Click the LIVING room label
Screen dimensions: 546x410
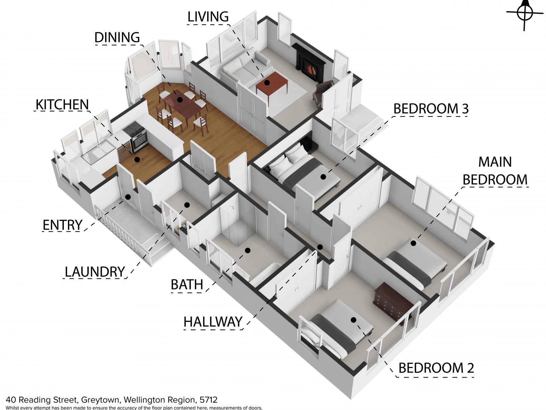[x=208, y=17]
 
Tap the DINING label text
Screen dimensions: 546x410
[x=117, y=38]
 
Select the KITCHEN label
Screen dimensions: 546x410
[x=62, y=104]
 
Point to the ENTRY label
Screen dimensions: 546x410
[x=62, y=225]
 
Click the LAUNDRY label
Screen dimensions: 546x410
[x=95, y=272]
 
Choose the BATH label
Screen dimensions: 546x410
[x=187, y=285]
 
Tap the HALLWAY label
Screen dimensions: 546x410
[x=213, y=322]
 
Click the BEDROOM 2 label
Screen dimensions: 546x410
[x=436, y=368]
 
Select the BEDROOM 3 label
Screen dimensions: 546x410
[x=431, y=109]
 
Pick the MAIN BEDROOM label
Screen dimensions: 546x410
[x=495, y=171]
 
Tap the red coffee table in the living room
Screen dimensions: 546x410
[x=272, y=85]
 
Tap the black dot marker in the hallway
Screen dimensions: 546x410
[x=320, y=247]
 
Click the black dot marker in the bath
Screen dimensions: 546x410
[x=247, y=250]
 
